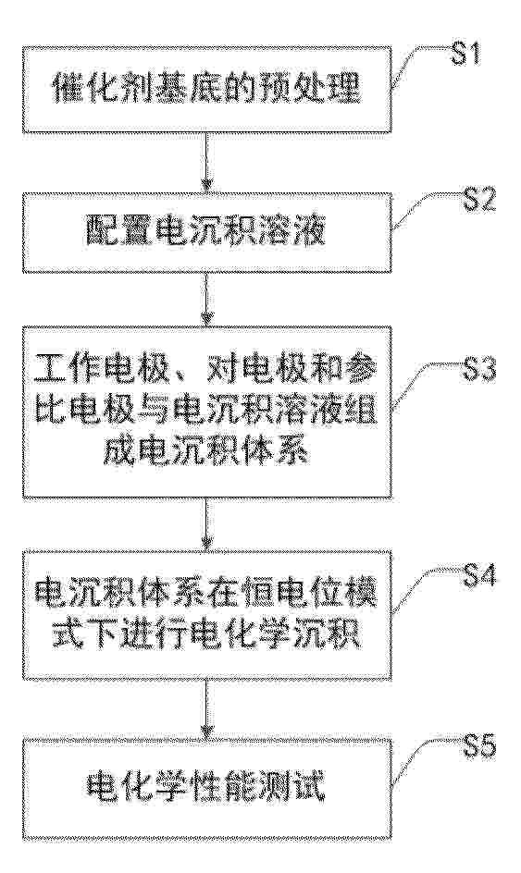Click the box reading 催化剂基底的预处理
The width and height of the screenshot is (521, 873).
(x=206, y=90)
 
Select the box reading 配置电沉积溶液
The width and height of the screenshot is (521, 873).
(x=206, y=233)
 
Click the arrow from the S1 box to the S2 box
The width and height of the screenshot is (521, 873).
(x=206, y=163)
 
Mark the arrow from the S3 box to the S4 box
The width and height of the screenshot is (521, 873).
(x=206, y=524)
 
